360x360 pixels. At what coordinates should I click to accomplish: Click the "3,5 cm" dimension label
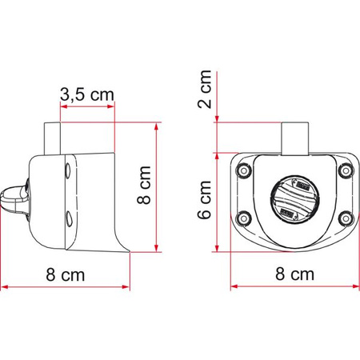coord(86,94)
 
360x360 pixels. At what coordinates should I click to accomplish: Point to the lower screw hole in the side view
coord(68,218)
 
